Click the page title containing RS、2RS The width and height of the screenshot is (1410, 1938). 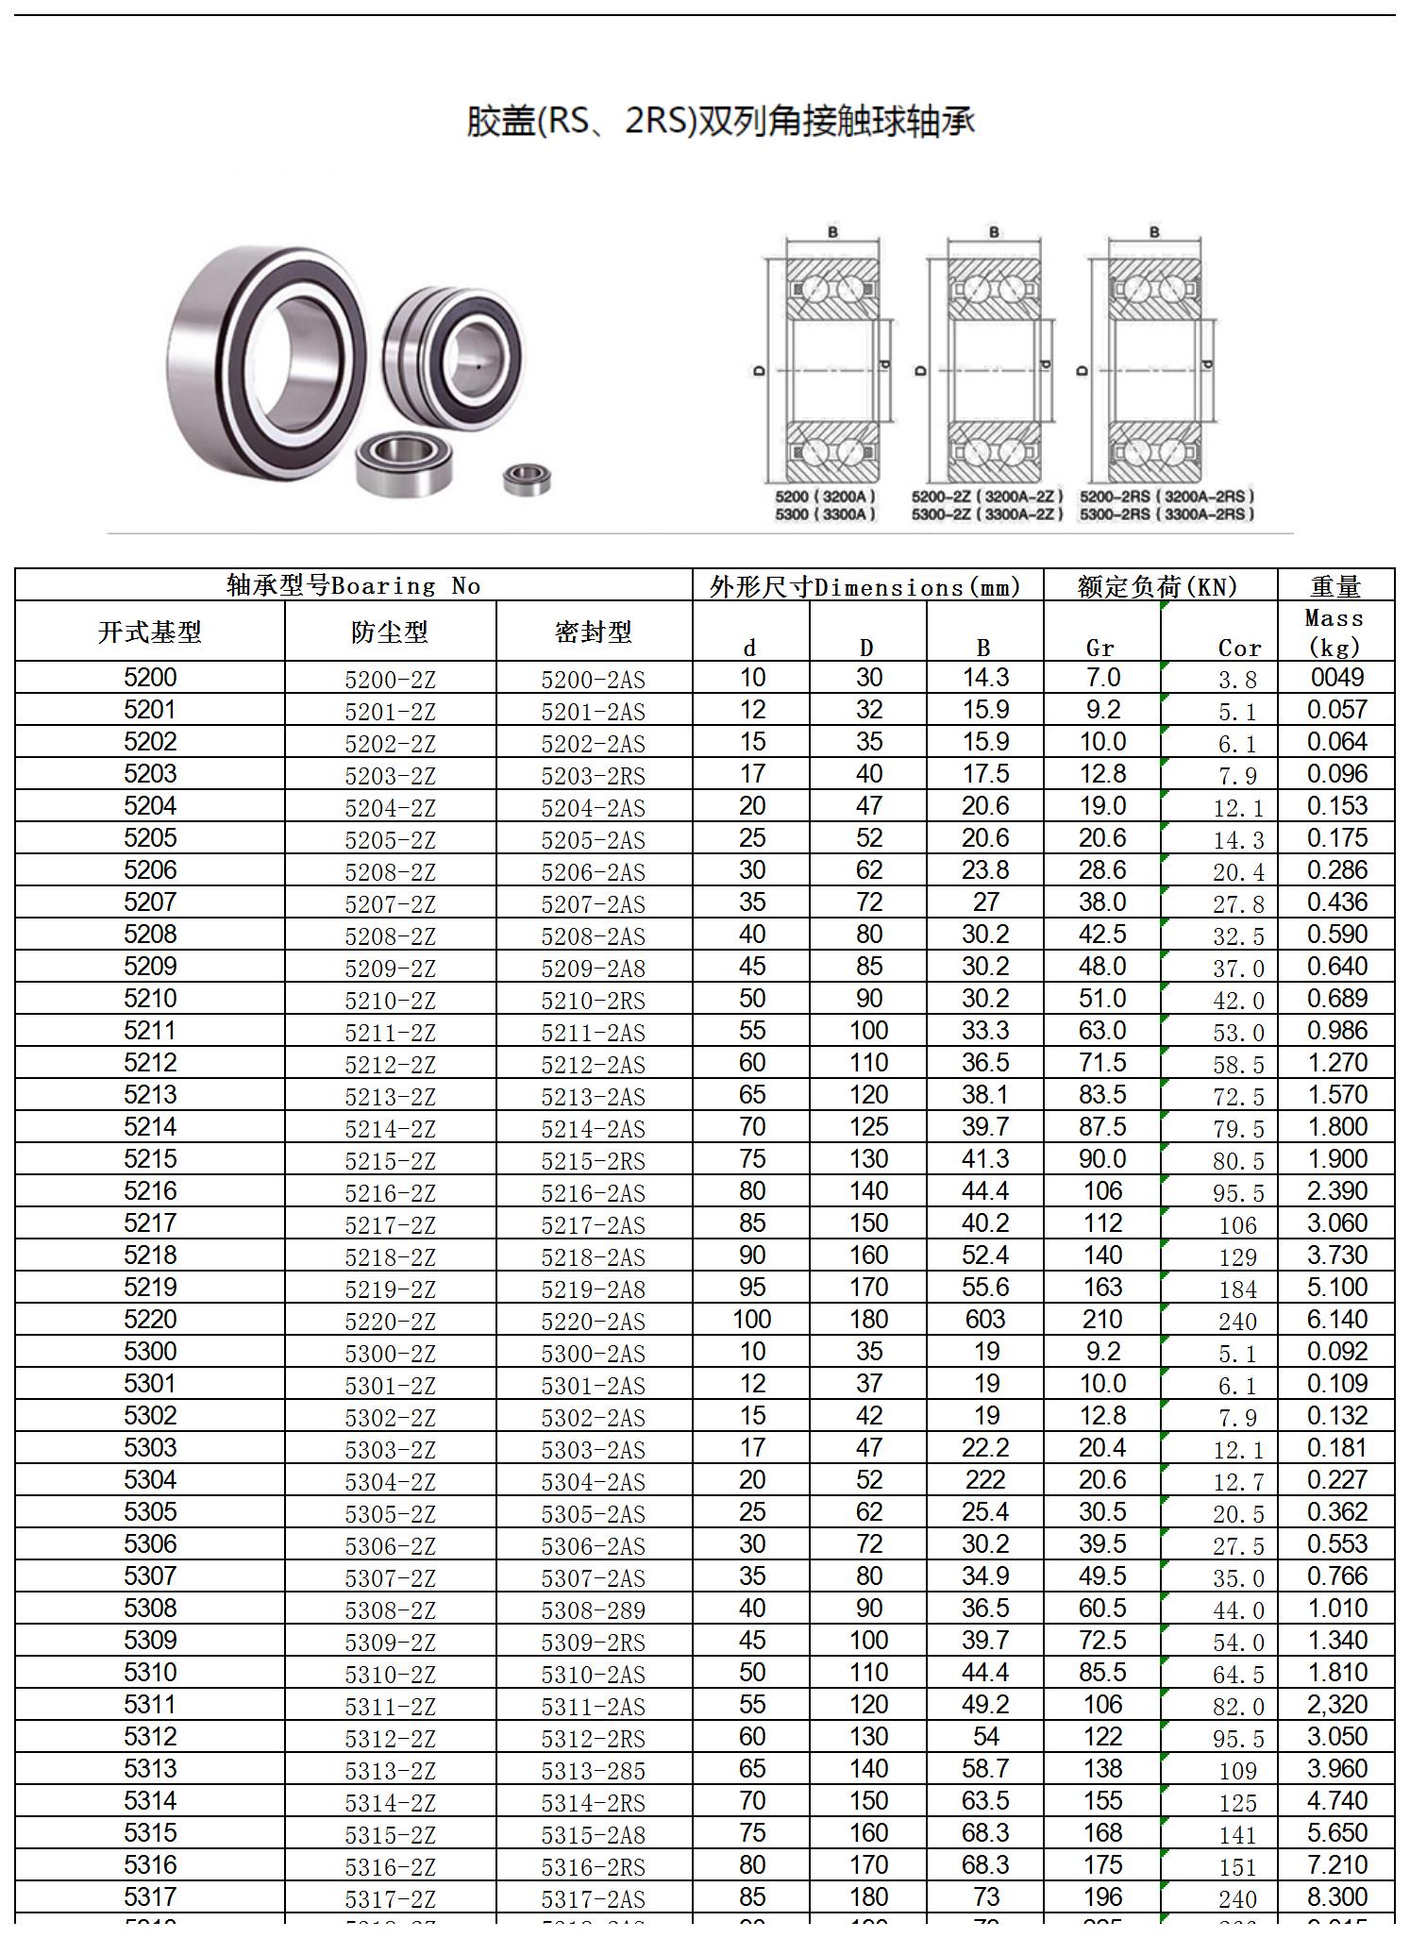tap(720, 121)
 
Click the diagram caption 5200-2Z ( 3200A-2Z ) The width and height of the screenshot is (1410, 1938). tap(987, 497)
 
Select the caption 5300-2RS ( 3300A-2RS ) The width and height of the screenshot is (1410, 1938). tap(1167, 514)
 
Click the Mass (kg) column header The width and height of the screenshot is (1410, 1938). tap(1334, 632)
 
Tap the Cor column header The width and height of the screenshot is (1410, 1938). tap(1239, 648)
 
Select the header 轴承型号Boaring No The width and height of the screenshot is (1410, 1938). tap(354, 585)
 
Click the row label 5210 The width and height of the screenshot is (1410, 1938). tap(150, 998)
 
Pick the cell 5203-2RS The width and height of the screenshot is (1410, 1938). tap(593, 776)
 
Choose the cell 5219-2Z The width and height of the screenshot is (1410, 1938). tap(390, 1289)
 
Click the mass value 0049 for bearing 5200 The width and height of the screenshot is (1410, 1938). tap(1336, 678)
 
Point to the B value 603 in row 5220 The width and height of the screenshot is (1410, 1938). tap(985, 1320)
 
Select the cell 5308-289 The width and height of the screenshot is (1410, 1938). tap(593, 1610)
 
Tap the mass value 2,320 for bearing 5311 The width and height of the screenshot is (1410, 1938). tap(1336, 1705)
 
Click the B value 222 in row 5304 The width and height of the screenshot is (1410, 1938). tap(985, 1480)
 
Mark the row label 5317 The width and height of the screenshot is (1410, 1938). tap(150, 1896)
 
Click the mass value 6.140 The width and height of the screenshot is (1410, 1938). tap(1336, 1320)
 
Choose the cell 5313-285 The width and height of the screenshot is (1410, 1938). tap(593, 1771)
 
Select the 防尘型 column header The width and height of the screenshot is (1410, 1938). tap(390, 632)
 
